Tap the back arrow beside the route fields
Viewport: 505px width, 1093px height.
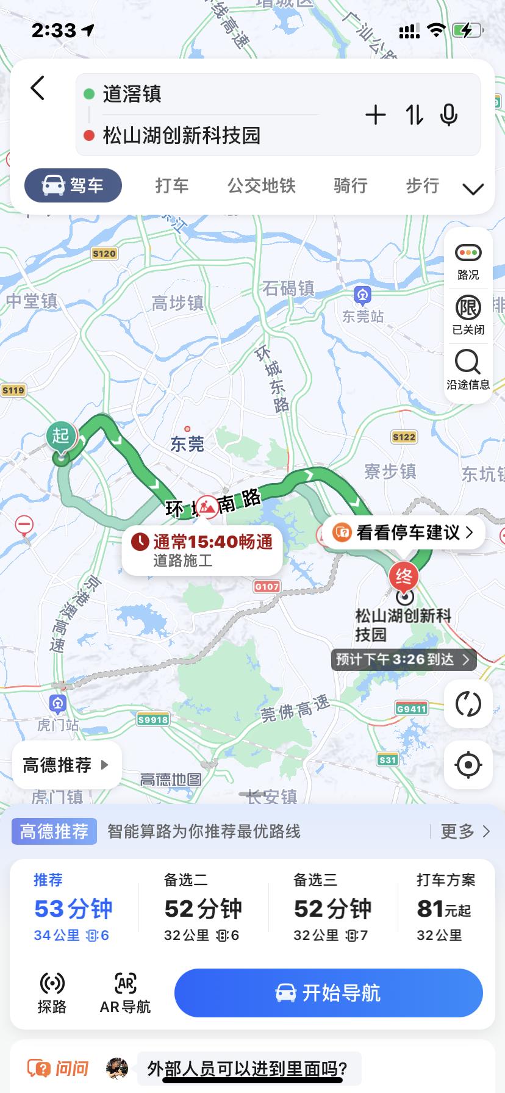[38, 88]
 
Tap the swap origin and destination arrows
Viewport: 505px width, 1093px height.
[415, 115]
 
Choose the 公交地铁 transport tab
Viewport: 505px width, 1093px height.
[261, 185]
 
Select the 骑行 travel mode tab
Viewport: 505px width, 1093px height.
[350, 185]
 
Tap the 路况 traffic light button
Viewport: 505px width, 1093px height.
[468, 260]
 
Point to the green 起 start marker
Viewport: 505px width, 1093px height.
[60, 437]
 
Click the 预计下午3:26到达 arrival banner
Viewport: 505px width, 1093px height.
[403, 659]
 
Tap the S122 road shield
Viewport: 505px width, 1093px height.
[404, 437]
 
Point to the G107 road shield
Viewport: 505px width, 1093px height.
[267, 586]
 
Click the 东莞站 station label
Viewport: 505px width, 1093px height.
[363, 316]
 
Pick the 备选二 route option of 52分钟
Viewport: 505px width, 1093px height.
[202, 908]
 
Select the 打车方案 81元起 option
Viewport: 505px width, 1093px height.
[445, 908]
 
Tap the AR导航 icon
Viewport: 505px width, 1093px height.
[125, 993]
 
